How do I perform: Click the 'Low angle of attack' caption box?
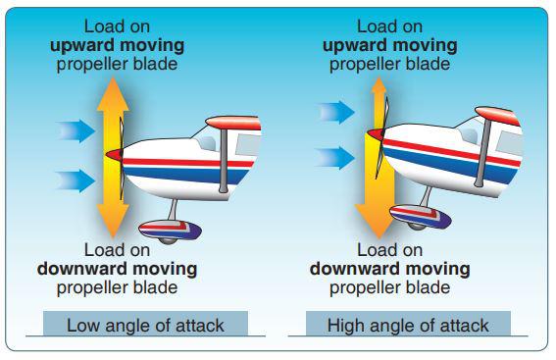145,324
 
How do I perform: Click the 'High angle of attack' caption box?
408,324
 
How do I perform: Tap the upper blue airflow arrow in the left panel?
76,131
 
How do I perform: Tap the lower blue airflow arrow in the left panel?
76,180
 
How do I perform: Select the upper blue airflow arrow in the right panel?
336,112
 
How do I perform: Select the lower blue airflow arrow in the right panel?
335,158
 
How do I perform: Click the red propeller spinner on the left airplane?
115,155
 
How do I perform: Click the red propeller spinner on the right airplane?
376,134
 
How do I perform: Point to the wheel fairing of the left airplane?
170,231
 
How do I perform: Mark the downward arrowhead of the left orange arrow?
113,221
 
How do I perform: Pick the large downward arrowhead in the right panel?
379,222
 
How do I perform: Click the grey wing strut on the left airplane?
224,160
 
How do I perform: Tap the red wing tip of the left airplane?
233,123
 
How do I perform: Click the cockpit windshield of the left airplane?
208,142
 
